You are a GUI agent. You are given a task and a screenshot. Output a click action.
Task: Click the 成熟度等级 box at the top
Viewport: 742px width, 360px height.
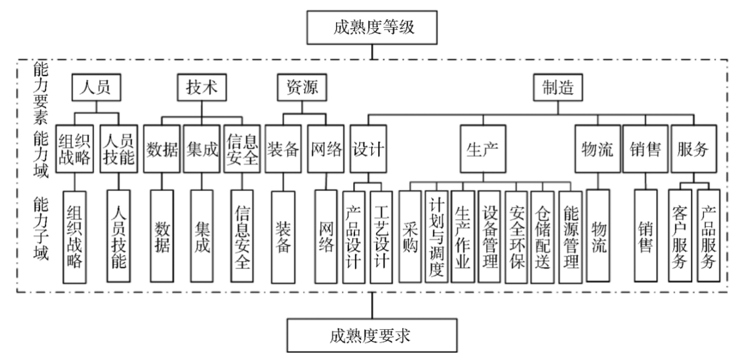point(373,27)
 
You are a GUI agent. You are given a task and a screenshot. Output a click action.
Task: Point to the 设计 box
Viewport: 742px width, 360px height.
point(369,149)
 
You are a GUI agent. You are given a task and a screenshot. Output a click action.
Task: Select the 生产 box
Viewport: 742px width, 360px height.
point(483,149)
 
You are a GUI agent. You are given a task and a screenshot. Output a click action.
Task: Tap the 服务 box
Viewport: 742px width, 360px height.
point(693,149)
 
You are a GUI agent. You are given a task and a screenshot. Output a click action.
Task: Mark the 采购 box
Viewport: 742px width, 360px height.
point(410,236)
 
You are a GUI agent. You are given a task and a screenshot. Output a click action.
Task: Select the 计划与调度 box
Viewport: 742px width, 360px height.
point(436,236)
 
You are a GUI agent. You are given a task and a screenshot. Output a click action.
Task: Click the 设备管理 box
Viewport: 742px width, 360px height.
point(490,236)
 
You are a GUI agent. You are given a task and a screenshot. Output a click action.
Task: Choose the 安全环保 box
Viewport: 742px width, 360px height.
point(517,236)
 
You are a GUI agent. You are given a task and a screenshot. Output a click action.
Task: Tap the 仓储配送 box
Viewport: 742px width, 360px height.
point(544,236)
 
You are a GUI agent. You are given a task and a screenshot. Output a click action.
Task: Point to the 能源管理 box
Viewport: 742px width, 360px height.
point(571,236)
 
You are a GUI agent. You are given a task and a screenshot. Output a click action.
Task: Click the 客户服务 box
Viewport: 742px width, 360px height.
point(681,236)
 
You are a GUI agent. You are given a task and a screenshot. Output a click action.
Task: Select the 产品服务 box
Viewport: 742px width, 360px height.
point(708,236)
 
